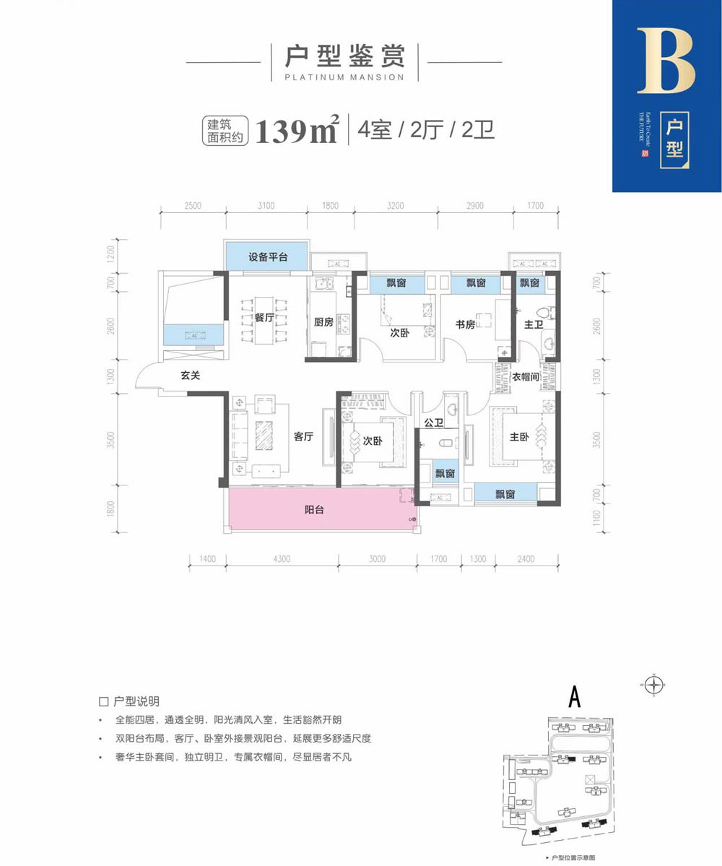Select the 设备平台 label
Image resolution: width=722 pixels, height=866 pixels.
(x=268, y=257)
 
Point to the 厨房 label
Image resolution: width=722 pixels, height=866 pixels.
(x=323, y=323)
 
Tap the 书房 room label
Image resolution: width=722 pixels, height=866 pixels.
(x=466, y=324)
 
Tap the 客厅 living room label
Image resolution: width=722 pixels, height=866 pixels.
(x=304, y=436)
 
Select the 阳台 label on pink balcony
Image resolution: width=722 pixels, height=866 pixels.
(x=314, y=509)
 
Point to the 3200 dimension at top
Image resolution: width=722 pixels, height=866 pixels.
(x=394, y=206)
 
